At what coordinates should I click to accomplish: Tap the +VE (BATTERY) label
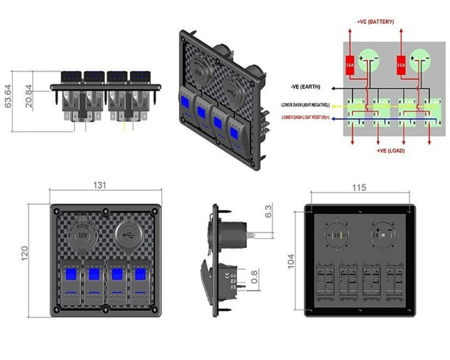pos(375,22)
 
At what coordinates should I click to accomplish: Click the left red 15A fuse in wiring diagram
pos(350,65)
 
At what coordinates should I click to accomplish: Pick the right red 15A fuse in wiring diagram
pos(401,65)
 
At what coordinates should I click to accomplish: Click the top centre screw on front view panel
pos(105,210)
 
